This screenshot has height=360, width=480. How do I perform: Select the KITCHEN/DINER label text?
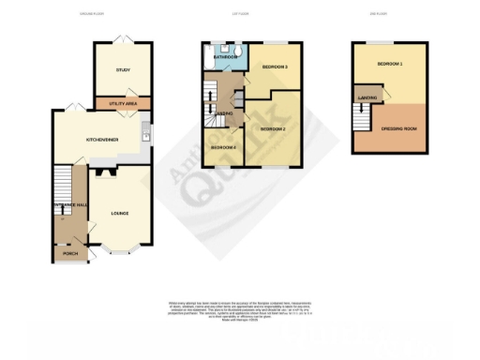(103, 139)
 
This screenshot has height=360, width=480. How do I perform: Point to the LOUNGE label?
(119, 213)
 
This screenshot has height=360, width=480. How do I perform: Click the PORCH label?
(69, 253)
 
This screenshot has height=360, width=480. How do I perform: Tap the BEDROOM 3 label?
(274, 67)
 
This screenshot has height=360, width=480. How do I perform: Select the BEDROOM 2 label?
(272, 127)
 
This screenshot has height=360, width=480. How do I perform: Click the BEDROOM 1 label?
(389, 63)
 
